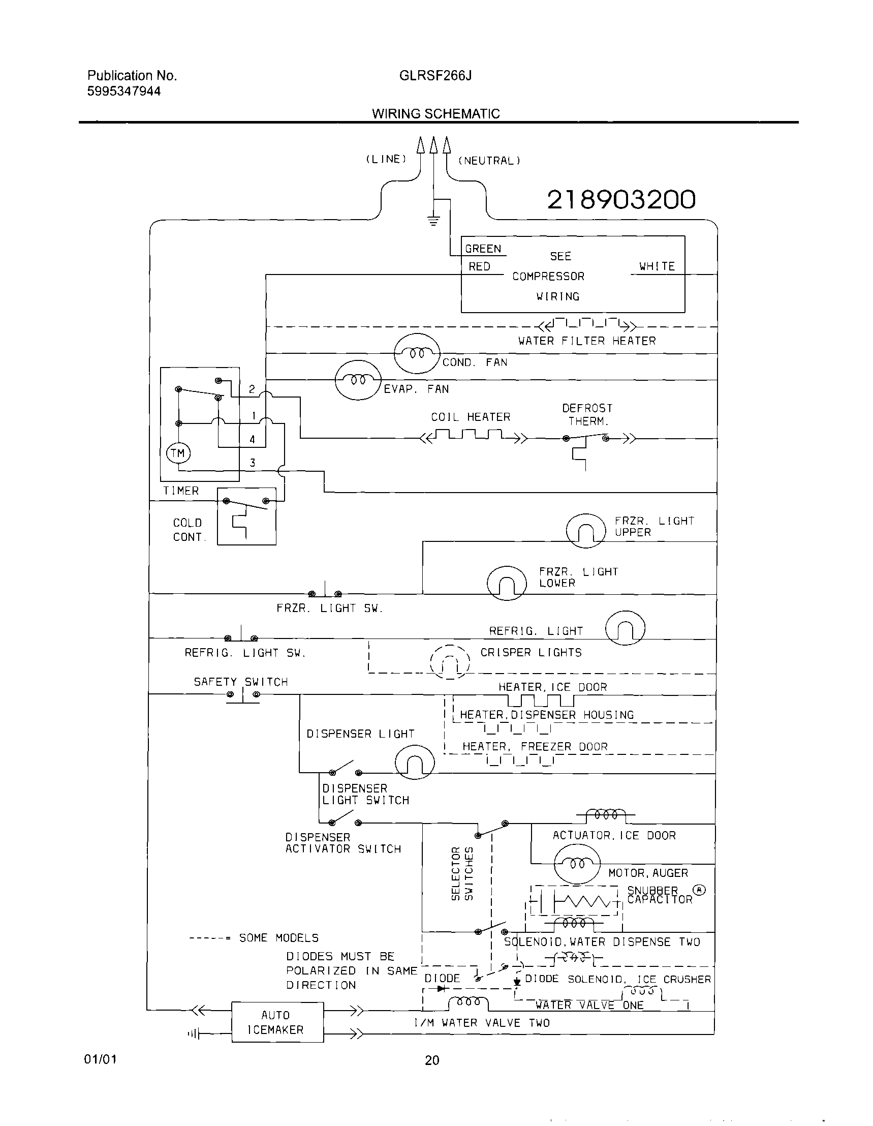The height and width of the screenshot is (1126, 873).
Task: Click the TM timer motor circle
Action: tap(178, 453)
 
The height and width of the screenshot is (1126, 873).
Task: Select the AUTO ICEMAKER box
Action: tap(277, 1022)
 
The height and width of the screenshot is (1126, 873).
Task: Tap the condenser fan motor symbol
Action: tap(416, 353)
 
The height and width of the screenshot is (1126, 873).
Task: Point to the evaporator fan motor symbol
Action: tap(358, 380)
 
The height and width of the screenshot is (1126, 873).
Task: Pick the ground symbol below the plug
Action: tap(433, 221)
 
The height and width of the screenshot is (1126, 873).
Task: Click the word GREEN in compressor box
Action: tap(483, 249)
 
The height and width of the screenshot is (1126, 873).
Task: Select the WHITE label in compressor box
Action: tap(657, 266)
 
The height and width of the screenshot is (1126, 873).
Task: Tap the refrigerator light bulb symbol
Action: tap(625, 628)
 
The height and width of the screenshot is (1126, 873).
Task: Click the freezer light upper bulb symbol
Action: tap(585, 531)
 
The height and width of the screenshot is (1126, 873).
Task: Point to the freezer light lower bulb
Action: tap(506, 583)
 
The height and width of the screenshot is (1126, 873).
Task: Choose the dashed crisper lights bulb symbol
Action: tap(449, 661)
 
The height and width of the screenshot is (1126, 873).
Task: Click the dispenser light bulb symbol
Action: tap(414, 762)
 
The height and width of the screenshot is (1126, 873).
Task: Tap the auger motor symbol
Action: tap(577, 864)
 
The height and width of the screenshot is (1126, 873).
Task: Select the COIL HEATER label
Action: tap(470, 416)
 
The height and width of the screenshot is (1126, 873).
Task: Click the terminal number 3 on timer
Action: tap(252, 463)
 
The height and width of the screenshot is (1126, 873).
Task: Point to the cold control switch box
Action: tap(246, 516)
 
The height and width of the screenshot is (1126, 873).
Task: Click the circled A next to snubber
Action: tap(699, 889)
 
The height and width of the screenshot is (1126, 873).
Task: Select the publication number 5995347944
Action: tap(123, 92)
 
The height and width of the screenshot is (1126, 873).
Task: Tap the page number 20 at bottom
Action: tap(432, 1060)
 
